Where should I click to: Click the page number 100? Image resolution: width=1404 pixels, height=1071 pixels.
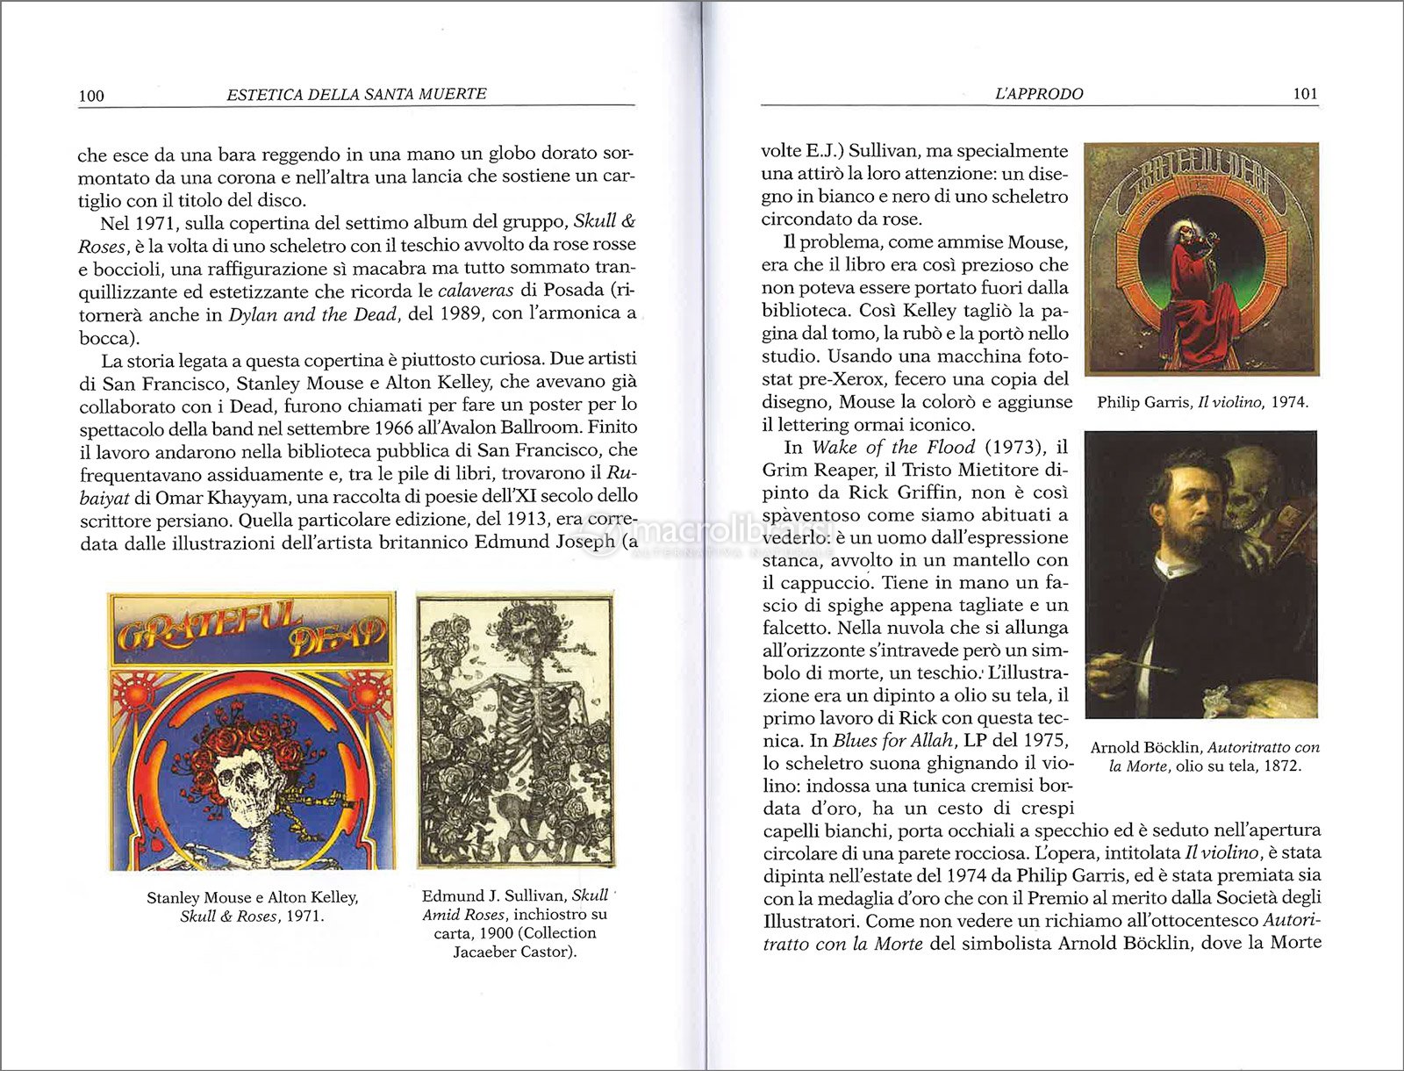pyautogui.click(x=91, y=96)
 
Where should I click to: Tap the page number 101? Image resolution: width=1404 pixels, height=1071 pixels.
pyautogui.click(x=1305, y=94)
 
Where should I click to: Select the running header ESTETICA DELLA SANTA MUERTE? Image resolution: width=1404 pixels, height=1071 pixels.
pyautogui.click(x=356, y=94)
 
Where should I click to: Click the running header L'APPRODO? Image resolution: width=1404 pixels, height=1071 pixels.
pyautogui.click(x=1039, y=94)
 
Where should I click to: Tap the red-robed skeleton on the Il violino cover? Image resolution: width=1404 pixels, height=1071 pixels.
pyautogui.click(x=1193, y=281)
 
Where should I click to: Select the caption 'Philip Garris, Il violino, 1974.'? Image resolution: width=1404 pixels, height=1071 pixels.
pyautogui.click(x=1202, y=403)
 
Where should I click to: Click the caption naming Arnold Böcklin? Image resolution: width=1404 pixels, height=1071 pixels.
pyautogui.click(x=1204, y=756)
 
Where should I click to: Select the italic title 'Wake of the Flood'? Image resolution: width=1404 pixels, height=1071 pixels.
pyautogui.click(x=892, y=447)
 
